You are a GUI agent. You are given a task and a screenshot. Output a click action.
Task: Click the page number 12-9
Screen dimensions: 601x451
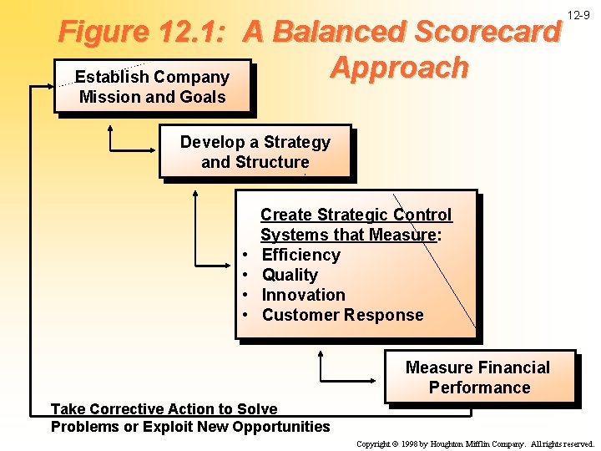point(578,15)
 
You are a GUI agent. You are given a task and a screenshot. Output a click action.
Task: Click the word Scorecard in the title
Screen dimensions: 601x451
point(488,33)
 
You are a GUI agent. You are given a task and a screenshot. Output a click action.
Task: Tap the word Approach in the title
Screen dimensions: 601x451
point(399,68)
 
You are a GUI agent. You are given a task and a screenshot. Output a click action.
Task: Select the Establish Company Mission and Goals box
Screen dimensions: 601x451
point(152,86)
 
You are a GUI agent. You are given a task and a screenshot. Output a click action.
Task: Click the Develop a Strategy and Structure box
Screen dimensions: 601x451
point(255,152)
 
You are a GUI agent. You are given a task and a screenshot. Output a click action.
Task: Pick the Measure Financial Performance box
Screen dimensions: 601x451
point(480,378)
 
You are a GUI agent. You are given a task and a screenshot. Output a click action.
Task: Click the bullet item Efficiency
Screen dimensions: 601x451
point(300,255)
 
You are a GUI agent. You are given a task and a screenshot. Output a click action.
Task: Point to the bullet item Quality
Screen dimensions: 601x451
point(290,275)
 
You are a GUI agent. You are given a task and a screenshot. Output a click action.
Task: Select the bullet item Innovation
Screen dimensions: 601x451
point(303,295)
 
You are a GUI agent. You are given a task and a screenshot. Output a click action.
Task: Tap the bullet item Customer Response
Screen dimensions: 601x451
point(342,315)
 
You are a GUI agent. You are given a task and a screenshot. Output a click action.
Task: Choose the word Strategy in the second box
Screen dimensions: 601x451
point(296,142)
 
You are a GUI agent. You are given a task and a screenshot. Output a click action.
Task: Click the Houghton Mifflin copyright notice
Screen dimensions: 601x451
point(474,444)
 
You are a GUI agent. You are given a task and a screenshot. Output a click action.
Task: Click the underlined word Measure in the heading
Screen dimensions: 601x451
point(404,235)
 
